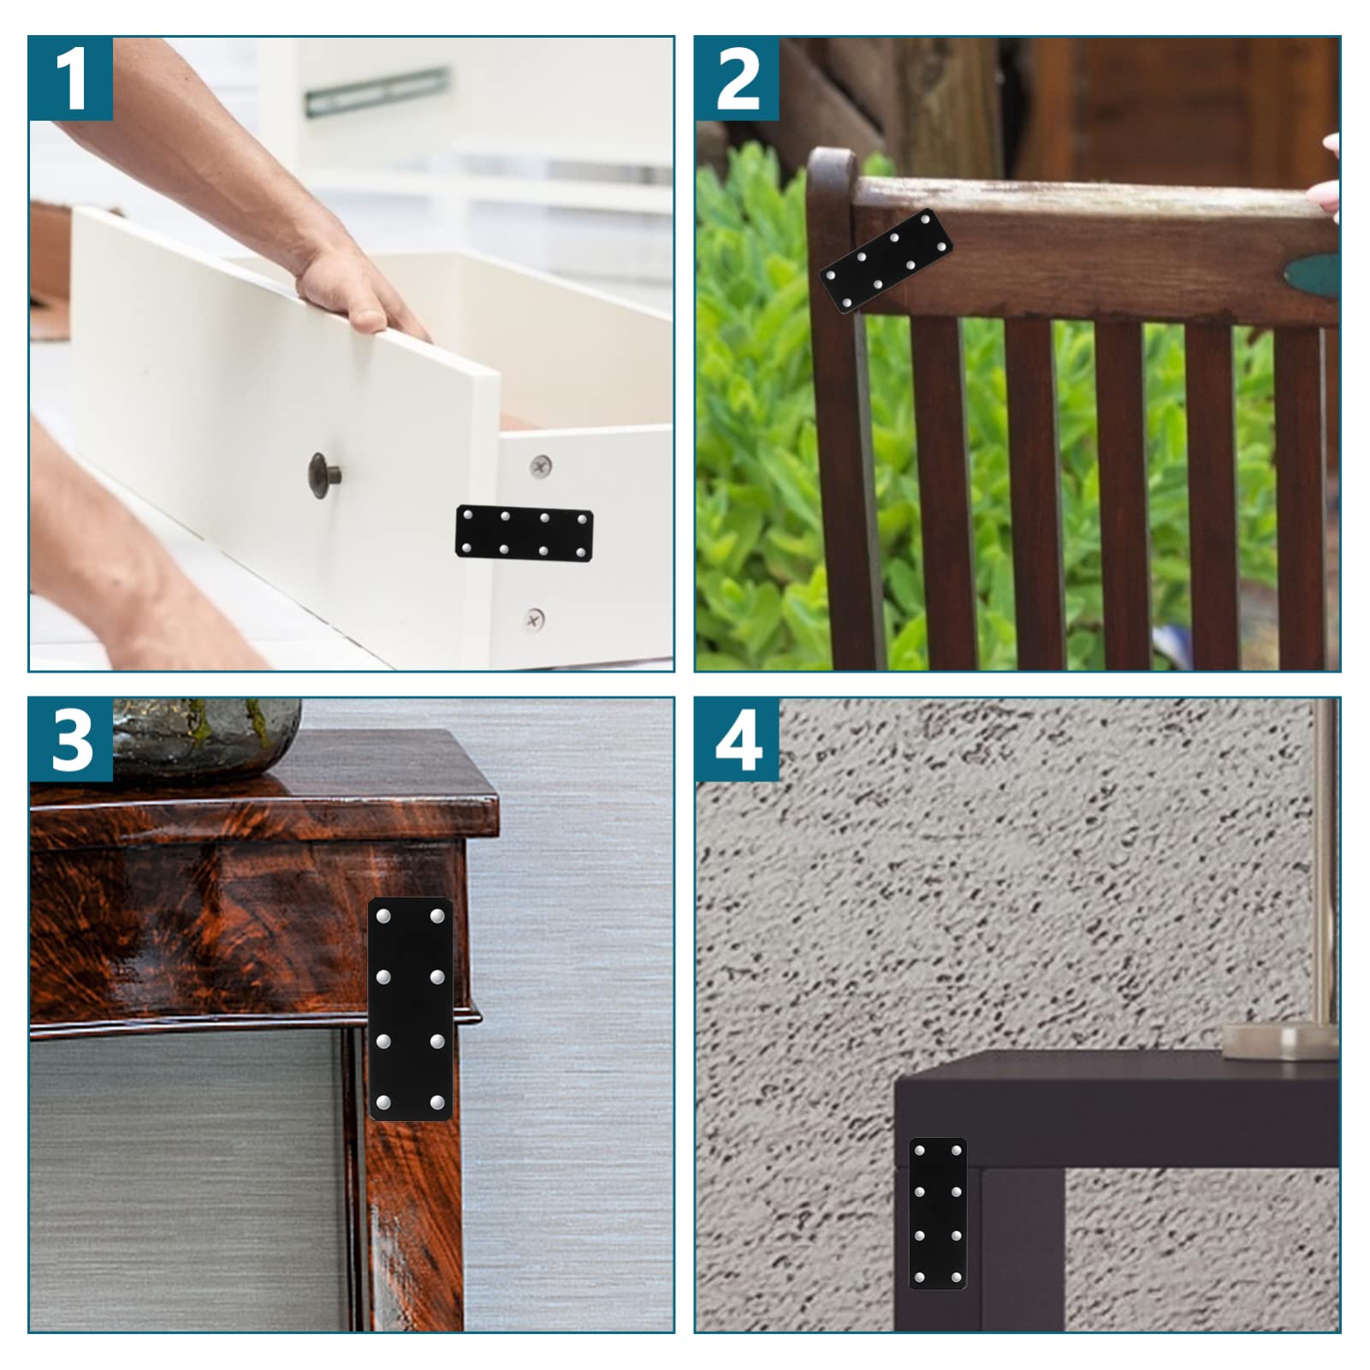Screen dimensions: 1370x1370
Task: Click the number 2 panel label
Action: (737, 79)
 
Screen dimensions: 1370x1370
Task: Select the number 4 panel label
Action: (737, 740)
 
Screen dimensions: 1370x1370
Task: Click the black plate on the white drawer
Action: (524, 533)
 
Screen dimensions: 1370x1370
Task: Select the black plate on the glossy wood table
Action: (410, 1009)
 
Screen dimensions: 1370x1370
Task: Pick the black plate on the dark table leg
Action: (938, 1213)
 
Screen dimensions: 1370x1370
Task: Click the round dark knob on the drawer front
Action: (323, 471)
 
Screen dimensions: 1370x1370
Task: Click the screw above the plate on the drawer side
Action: (541, 466)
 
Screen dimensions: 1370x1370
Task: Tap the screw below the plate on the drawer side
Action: (534, 617)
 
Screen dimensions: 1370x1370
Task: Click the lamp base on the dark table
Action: (1279, 1041)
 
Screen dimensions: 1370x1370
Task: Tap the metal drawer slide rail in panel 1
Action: (377, 91)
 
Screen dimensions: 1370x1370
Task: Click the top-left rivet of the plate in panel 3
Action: (383, 916)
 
